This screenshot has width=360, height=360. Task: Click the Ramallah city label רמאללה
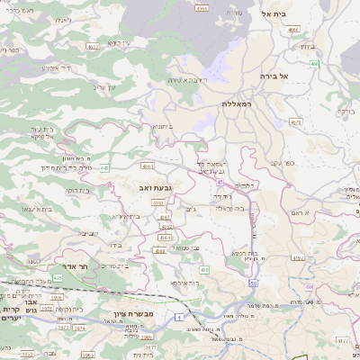(x=242, y=104)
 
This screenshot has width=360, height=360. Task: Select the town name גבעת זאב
(x=156, y=186)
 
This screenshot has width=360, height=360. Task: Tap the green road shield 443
(x=105, y=167)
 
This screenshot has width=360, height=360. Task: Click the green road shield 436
(x=205, y=269)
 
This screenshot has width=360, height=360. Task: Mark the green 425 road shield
(x=57, y=279)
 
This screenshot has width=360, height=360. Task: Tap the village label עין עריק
(x=106, y=87)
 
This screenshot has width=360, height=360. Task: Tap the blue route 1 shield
(x=179, y=317)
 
